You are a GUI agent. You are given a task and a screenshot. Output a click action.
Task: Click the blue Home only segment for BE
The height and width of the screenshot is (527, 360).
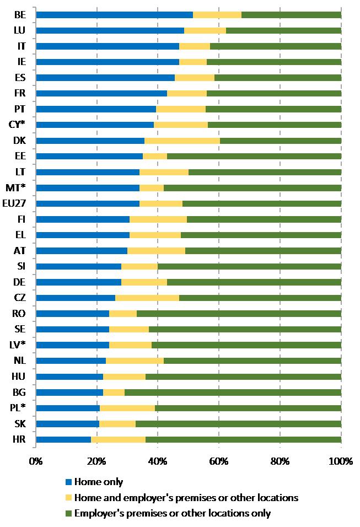114,14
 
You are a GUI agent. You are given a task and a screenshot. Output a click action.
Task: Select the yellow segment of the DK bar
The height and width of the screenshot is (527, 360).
182,141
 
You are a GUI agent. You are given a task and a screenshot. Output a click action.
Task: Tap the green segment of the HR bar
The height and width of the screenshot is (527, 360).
243,440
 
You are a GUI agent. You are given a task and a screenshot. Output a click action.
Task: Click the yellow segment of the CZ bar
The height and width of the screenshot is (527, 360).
147,298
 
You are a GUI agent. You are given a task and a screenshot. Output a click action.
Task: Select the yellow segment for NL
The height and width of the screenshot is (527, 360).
135,361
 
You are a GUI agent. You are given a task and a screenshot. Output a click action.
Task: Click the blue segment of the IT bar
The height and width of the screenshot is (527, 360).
107,46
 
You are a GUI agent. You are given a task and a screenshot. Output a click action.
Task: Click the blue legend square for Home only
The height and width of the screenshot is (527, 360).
68,482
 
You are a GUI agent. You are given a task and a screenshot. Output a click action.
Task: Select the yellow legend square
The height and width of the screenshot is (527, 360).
68,498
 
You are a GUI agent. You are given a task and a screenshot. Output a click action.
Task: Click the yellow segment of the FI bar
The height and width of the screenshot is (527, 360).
158,219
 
